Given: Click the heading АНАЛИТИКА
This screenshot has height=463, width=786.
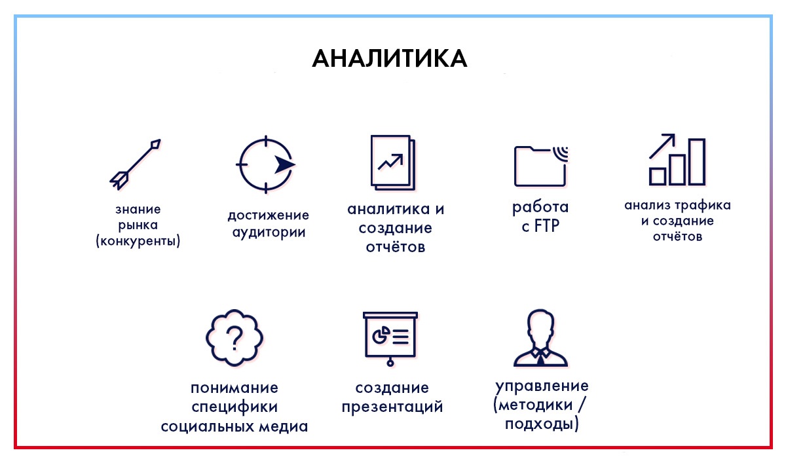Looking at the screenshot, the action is coord(390,58).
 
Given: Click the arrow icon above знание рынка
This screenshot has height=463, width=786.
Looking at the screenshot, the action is coord(135,164).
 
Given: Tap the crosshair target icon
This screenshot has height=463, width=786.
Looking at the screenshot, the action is coord(266,164).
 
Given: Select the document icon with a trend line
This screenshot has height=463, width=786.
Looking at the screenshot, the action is coord(393,163).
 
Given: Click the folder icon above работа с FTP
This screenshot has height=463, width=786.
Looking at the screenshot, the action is coord(540,166).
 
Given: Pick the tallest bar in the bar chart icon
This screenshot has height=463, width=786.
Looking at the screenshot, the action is coord(697,162).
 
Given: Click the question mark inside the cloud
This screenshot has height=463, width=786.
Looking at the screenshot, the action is coord(234,338).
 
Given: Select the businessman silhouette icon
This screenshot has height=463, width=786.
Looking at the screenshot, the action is coord(540,338).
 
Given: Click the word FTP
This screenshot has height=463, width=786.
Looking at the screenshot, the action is coord(547,226).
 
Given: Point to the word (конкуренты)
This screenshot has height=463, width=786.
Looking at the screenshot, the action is coord(138,241).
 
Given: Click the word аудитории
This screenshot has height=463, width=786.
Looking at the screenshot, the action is coord(269,232).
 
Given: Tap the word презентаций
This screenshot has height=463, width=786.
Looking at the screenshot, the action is coord(392,407).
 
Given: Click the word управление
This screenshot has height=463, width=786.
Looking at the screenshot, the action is coord(542,386).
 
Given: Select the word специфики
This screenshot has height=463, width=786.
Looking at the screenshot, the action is coord(234,407).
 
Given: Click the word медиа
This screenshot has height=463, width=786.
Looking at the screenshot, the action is coord(284,427).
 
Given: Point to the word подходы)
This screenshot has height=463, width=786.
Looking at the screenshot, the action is coord(542,424).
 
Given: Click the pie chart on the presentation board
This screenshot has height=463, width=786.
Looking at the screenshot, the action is coord(381,335).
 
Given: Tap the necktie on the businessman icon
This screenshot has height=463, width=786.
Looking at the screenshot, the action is coord(541,360).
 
